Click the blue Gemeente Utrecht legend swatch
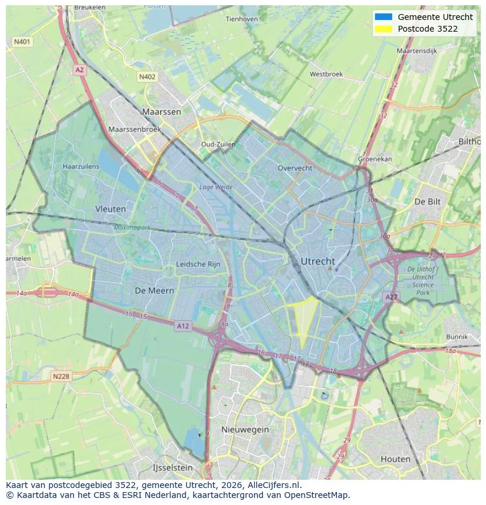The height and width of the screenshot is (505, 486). tap(383, 17)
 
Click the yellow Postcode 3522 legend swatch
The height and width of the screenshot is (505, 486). tap(383, 29)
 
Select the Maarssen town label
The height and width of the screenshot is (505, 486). tap(161, 111)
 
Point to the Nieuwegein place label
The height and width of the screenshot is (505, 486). tap(245, 429)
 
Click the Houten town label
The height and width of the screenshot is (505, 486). tap(395, 459)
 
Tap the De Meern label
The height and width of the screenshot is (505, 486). tap(154, 290)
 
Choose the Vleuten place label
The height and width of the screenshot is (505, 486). tap(110, 208)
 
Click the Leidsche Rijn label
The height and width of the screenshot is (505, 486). tap(198, 264)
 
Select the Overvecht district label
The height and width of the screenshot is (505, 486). tap(295, 168)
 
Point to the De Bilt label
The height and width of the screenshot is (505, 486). tap(427, 201)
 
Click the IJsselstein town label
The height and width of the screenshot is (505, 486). tap(172, 467)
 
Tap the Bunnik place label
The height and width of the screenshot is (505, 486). tap(457, 337)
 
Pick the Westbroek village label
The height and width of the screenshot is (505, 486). tap(326, 74)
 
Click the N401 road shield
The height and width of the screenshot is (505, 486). tap(22, 42)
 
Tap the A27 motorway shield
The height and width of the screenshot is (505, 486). tap(391, 297)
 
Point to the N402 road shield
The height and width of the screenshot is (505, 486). tap(147, 77)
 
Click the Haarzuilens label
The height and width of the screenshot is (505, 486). tap(81, 167)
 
